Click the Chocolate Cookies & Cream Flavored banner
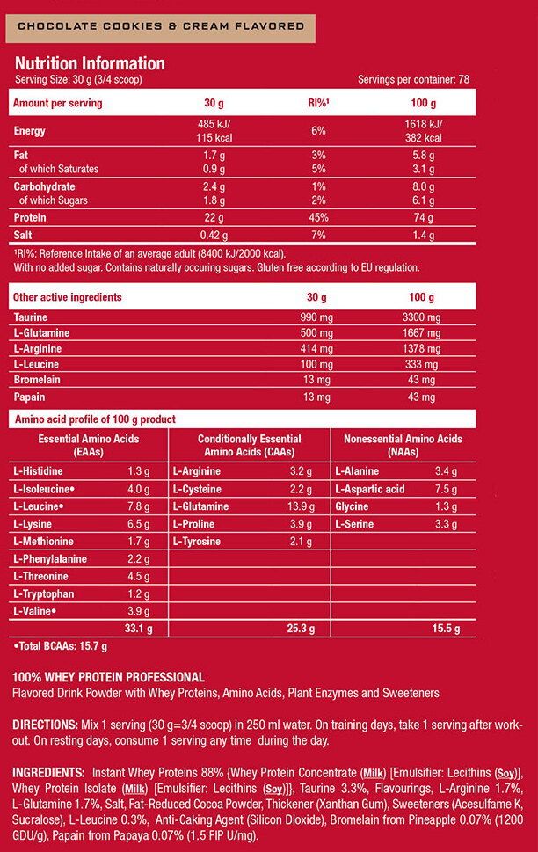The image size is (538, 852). tap(160, 28)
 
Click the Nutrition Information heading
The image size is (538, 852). tap(90, 63)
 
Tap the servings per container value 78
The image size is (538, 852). tap(463, 79)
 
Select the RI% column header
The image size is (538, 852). tap(318, 103)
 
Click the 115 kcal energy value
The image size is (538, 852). tap(214, 138)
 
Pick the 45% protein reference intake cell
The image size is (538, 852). tap(318, 218)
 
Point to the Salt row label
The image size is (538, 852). tap(23, 236)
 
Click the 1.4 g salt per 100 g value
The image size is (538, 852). tap(424, 236)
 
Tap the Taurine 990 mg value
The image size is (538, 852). tap(316, 317)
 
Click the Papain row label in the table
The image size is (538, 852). tap(29, 397)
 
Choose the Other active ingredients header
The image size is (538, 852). tap(68, 297)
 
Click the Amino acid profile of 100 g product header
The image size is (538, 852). tap(95, 419)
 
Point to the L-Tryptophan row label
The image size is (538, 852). tap(44, 593)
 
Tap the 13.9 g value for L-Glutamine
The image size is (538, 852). tap(301, 506)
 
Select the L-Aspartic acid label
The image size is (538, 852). tap(370, 489)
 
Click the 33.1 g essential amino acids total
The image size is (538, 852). tap(139, 629)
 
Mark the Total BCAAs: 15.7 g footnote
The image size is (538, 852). tap(60, 646)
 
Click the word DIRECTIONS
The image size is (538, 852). tap(46, 725)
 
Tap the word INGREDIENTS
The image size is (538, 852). tap(48, 773)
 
